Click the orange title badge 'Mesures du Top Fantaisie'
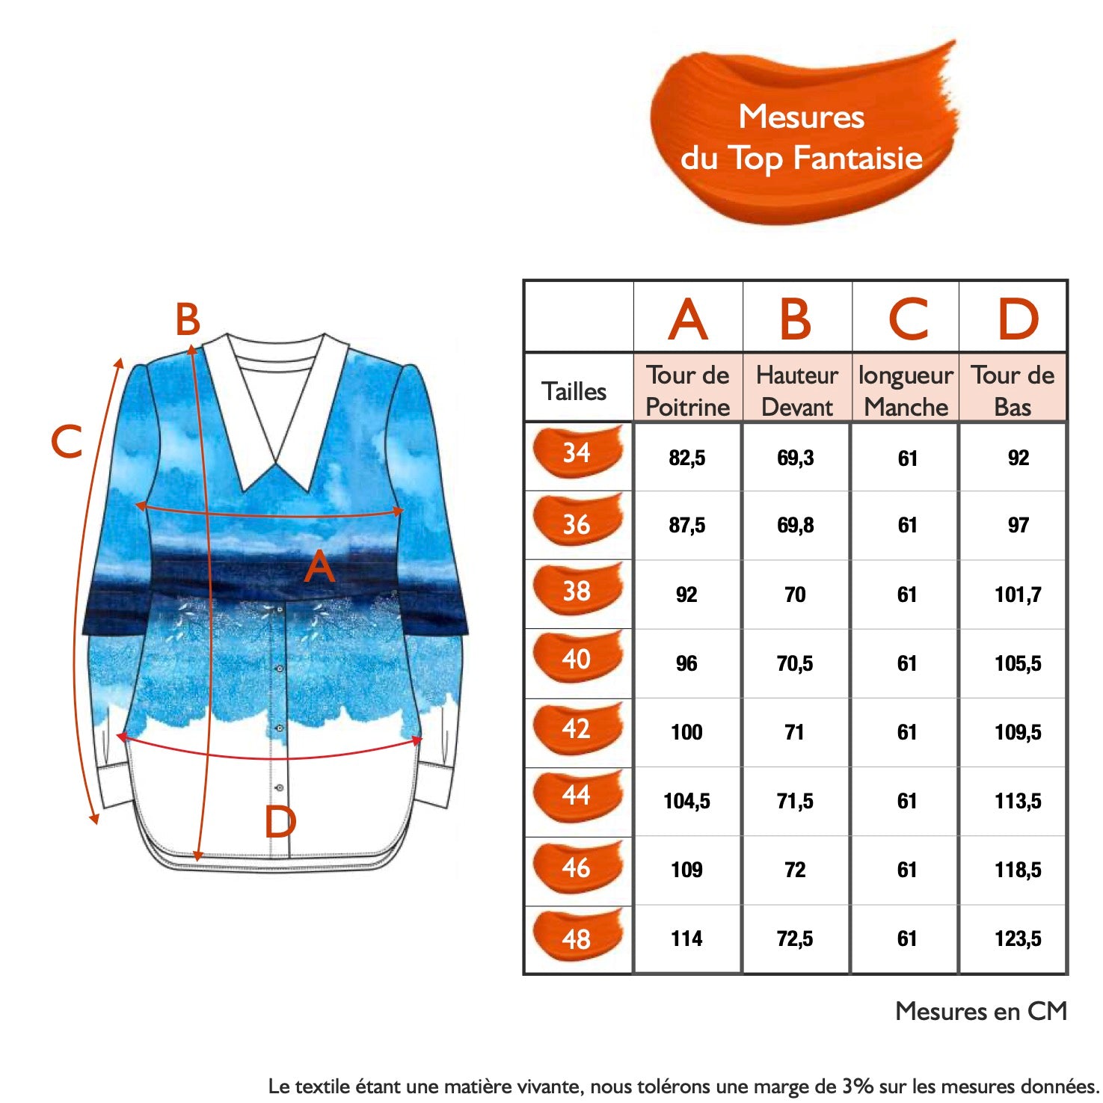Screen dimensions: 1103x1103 tap(802, 135)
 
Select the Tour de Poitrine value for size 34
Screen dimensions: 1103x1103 tap(687, 458)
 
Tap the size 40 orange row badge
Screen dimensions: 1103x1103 tap(577, 658)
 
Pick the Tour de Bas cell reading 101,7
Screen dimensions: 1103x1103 tap(1018, 594)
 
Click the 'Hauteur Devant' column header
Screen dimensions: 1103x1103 tap(797, 390)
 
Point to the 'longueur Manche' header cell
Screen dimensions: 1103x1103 tap(906, 390)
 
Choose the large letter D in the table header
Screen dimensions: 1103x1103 tap(1018, 319)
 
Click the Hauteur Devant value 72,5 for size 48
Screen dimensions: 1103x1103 tap(795, 938)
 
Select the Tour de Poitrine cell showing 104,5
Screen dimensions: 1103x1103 tap(686, 801)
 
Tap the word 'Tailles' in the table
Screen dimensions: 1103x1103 tap(574, 391)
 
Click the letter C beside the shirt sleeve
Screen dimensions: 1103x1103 tap(67, 441)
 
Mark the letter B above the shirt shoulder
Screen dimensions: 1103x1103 tap(188, 319)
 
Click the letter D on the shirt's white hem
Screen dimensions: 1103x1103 tap(280, 822)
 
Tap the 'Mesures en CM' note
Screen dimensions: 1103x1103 tap(981, 1011)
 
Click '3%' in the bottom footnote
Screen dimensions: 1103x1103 tap(858, 1086)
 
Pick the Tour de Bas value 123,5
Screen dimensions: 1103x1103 tap(1018, 938)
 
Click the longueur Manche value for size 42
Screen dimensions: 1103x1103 tap(907, 732)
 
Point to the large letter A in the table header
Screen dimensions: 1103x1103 tap(688, 319)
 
